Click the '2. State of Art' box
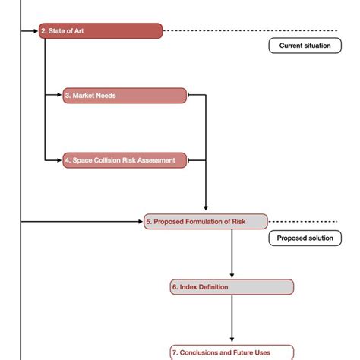click(101, 31)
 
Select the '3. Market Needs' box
click(125, 96)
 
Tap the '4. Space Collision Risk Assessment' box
click(125, 160)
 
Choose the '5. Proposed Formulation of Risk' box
click(206, 222)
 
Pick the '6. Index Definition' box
click(232, 287)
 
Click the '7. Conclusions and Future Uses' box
click(232, 352)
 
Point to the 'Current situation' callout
click(305, 46)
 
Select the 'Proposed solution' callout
click(305, 238)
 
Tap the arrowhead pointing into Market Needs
click(60, 96)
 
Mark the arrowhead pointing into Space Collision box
click(60, 160)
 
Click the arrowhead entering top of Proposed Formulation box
click(206, 210)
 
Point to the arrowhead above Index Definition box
click(232, 275)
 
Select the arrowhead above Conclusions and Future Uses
click(232, 340)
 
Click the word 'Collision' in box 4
click(109, 160)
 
